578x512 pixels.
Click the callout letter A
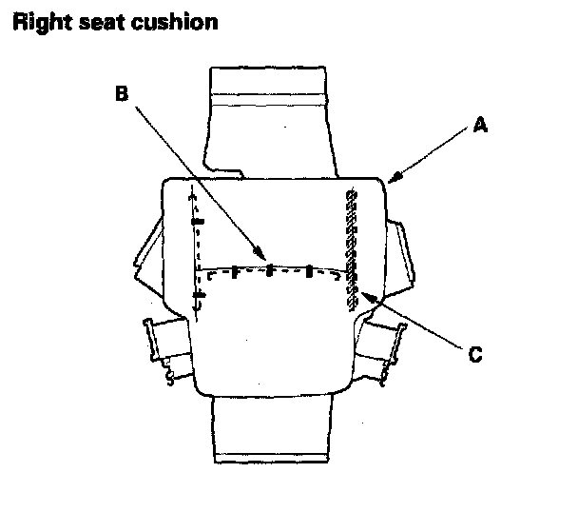(x=480, y=125)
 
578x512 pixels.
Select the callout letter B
(x=121, y=93)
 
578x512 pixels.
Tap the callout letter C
(x=476, y=355)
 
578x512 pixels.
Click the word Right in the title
(x=39, y=22)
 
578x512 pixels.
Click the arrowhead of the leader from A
(x=391, y=180)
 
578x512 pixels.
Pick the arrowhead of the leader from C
(x=362, y=295)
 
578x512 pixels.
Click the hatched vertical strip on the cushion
(x=350, y=247)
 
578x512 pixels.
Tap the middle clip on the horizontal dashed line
(x=271, y=270)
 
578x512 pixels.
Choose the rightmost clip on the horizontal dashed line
(x=308, y=271)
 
